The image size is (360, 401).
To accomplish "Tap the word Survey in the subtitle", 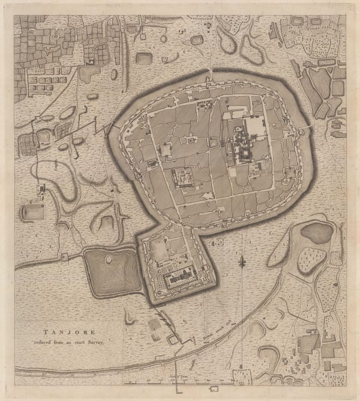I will pos(93,342).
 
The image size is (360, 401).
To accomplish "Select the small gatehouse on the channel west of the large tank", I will pos(65,258).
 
